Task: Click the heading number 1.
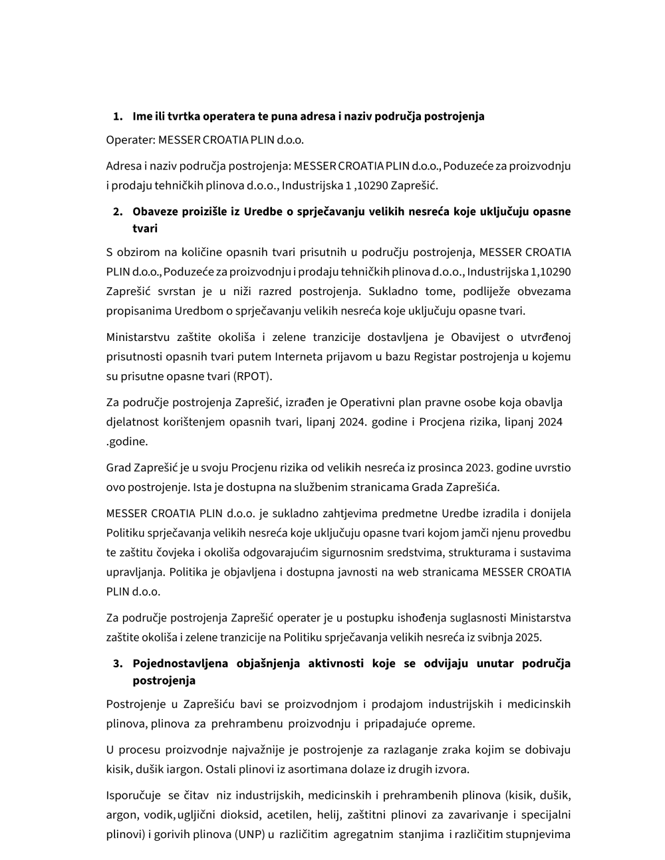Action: pyautogui.click(x=118, y=116)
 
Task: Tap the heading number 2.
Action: pyautogui.click(x=118, y=212)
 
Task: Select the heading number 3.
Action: pyautogui.click(x=118, y=663)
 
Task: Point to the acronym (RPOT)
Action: pyautogui.click(x=253, y=376)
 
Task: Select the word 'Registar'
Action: pyautogui.click(x=435, y=357)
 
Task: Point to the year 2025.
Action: pyautogui.click(x=529, y=637)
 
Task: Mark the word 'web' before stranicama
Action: pyautogui.click(x=408, y=572)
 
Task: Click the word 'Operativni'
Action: pyautogui.click(x=369, y=402)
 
